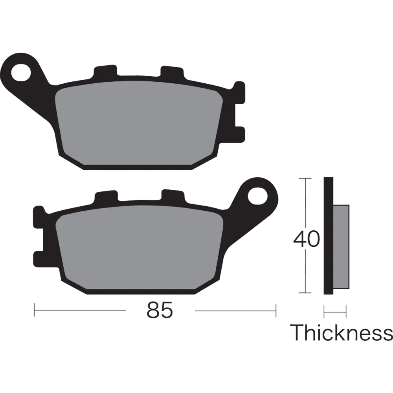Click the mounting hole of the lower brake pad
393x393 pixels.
pos(257,195)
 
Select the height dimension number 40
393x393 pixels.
pos(307,239)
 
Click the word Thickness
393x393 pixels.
pos(341,333)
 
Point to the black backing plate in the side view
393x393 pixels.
pos(327,236)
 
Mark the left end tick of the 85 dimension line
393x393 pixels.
pos(36,309)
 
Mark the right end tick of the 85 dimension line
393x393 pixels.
pos(275,309)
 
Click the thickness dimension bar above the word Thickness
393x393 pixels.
pos(334,313)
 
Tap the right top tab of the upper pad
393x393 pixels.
pos(171,71)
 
